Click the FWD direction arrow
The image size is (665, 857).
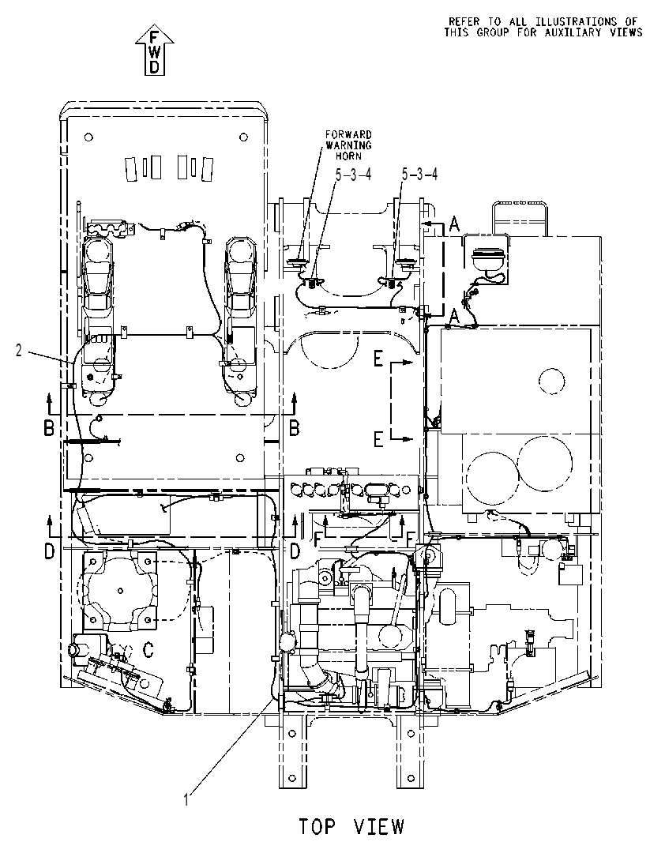tap(155, 50)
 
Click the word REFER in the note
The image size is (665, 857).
tap(464, 21)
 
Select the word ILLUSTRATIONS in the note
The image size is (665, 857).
tap(576, 21)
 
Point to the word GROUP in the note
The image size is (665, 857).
tap(493, 32)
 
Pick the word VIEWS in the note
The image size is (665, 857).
tap(627, 32)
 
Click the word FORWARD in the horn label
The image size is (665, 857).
tap(348, 134)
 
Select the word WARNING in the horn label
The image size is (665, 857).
tap(348, 145)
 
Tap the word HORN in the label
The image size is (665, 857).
tap(348, 156)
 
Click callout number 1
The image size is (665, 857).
tap(186, 799)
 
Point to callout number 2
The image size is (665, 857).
tap(19, 351)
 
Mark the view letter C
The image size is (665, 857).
tap(148, 650)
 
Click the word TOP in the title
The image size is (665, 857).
tap(317, 826)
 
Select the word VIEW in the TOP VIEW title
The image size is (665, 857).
tap(378, 826)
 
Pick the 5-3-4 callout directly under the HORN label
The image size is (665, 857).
tap(354, 175)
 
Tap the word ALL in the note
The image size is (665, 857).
tap(520, 21)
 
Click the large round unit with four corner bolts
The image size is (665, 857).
tap(120, 590)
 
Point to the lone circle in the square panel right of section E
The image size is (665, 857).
tap(550, 381)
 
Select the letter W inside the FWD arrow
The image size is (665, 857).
tap(155, 52)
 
